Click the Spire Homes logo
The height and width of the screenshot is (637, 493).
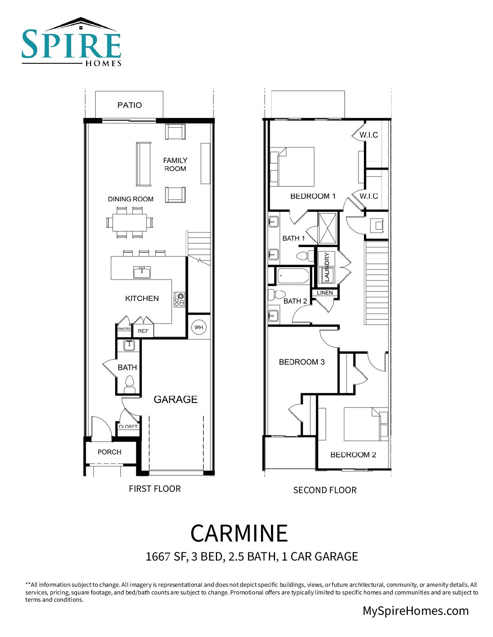[x=72, y=43]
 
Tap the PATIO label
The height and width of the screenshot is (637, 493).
[x=130, y=105]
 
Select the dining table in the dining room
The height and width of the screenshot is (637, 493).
[x=130, y=222]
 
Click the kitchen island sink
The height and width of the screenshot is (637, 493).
[x=142, y=272]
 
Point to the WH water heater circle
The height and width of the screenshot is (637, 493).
[x=198, y=328]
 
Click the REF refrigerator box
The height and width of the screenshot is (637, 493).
[x=143, y=331]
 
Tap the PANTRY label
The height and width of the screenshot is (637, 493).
[x=124, y=329]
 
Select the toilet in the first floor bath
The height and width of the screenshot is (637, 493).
[x=130, y=385]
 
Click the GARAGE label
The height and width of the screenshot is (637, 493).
[x=175, y=399]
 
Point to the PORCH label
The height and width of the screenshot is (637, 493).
[x=110, y=452]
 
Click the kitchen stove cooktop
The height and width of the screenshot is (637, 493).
[x=179, y=299]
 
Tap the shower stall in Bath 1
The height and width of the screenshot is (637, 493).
[x=328, y=228]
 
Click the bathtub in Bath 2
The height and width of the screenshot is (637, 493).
[x=293, y=276]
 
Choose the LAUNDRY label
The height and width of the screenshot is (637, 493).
[x=327, y=267]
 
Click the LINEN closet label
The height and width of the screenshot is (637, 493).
[x=325, y=293]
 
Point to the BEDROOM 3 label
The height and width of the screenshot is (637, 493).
[x=302, y=362]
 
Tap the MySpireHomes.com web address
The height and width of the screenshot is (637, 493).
[x=416, y=611]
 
